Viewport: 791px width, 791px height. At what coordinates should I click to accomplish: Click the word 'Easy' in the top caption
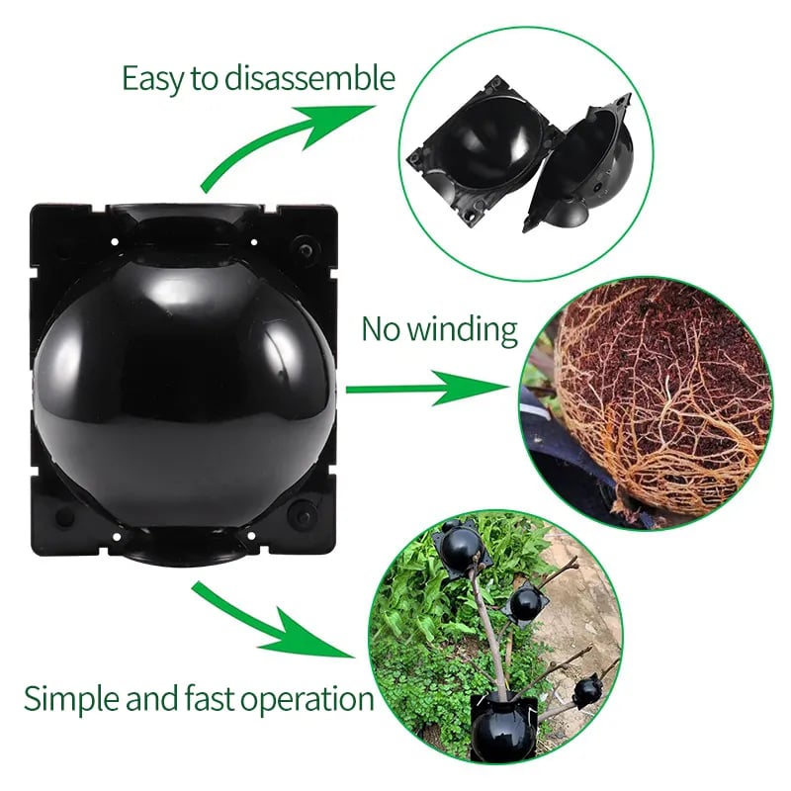click(154, 78)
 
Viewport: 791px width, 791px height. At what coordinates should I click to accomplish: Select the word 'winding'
click(465, 328)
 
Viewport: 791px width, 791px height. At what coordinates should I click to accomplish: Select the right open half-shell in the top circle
click(583, 163)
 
